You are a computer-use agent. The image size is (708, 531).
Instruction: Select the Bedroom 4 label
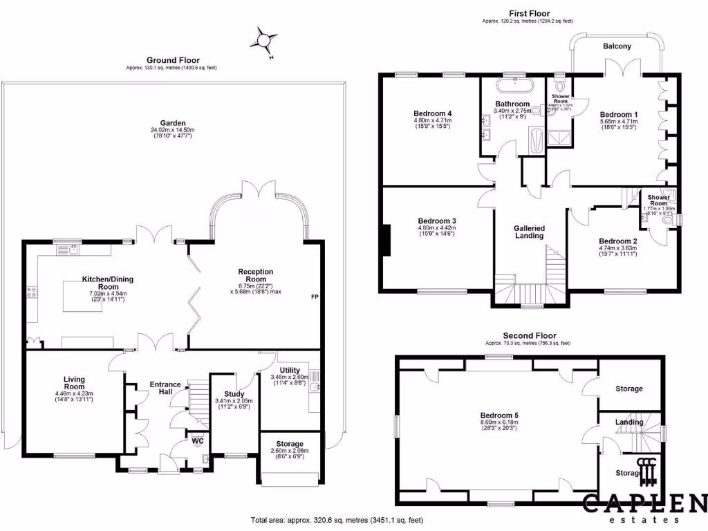(x=432, y=113)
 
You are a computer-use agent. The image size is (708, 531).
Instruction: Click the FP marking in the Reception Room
(x=315, y=297)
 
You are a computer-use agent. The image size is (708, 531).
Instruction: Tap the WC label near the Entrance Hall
(x=197, y=440)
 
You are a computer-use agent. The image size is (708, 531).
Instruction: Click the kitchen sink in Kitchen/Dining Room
(x=73, y=250)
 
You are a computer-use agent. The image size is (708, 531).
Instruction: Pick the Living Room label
(x=73, y=383)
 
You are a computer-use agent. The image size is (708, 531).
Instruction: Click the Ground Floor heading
(x=173, y=60)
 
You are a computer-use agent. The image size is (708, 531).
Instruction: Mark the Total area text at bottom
(x=336, y=520)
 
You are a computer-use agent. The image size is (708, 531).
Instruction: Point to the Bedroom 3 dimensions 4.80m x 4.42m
(x=436, y=228)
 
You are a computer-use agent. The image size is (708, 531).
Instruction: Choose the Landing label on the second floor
(x=629, y=422)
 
